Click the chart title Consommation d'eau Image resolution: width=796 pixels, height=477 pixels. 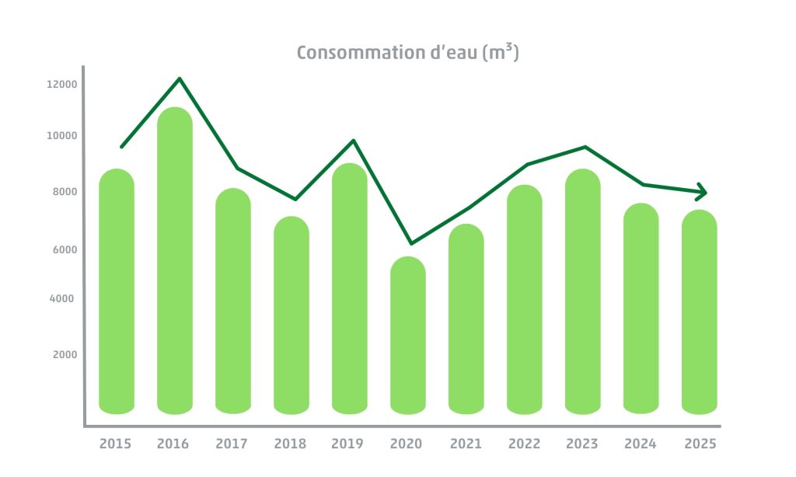pyautogui.click(x=407, y=53)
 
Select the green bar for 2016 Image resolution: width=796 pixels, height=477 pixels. pyautogui.click(x=175, y=260)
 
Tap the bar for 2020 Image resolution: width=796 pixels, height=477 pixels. pyautogui.click(x=408, y=335)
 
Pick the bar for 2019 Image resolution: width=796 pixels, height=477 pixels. pyautogui.click(x=350, y=288)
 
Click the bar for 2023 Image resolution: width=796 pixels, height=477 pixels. pyautogui.click(x=583, y=291)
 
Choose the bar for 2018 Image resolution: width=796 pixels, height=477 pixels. pyautogui.click(x=292, y=315)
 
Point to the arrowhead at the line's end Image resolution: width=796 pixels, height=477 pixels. pyautogui.click(x=701, y=191)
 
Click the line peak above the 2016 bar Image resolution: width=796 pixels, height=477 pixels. pyautogui.click(x=180, y=78)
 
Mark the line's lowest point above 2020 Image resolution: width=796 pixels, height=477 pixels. pyautogui.click(x=411, y=243)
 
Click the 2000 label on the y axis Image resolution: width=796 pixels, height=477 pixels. pyautogui.click(x=65, y=355)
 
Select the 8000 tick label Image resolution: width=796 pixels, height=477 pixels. pyautogui.click(x=65, y=192)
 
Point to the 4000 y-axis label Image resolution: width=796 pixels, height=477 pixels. pyautogui.click(x=65, y=298)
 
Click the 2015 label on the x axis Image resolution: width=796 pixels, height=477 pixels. pyautogui.click(x=116, y=444)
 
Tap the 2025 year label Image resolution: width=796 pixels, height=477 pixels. pyautogui.click(x=700, y=444)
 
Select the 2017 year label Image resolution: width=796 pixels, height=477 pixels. pyautogui.click(x=232, y=444)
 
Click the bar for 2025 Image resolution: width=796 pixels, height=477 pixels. pyautogui.click(x=700, y=312)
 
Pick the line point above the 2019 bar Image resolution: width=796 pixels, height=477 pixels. pyautogui.click(x=354, y=141)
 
